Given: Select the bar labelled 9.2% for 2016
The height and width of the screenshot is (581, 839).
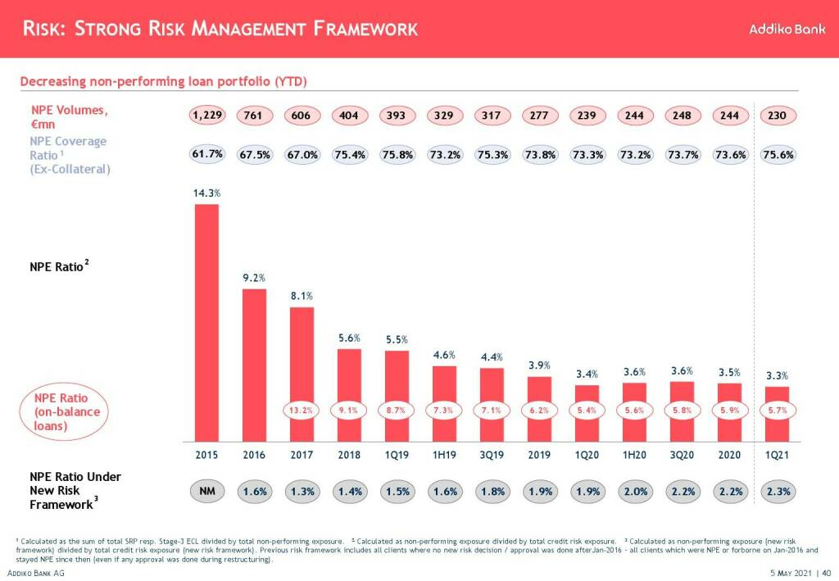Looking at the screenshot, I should click(254, 364).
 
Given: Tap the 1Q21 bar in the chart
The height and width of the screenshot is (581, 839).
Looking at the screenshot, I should click(777, 413).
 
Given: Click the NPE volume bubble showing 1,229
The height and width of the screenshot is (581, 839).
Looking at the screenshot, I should click(206, 116).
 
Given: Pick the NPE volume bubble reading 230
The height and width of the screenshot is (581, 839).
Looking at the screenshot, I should click(777, 116).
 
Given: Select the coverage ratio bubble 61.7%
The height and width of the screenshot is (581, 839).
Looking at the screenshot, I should click(206, 154).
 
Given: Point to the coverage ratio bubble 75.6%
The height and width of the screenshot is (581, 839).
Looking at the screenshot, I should click(777, 154).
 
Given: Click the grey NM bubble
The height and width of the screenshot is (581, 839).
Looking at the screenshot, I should click(206, 492).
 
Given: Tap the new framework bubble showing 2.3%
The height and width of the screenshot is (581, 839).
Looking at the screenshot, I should click(777, 492).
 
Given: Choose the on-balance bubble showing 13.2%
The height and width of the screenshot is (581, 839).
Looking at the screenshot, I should click(302, 411).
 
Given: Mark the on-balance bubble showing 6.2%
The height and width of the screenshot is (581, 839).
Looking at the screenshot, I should click(539, 411).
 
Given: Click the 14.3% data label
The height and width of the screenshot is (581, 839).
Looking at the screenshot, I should click(206, 193).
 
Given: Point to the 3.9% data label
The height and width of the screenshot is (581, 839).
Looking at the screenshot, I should click(539, 365).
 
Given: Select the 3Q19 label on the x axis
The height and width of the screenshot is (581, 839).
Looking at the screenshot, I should click(492, 455).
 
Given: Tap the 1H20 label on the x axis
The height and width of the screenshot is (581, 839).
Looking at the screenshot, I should click(634, 455).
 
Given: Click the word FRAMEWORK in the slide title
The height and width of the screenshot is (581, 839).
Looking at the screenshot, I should click(365, 30).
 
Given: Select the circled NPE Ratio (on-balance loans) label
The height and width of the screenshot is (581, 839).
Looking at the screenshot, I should click(66, 411).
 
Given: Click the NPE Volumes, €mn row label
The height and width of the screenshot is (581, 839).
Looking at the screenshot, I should click(70, 116).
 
